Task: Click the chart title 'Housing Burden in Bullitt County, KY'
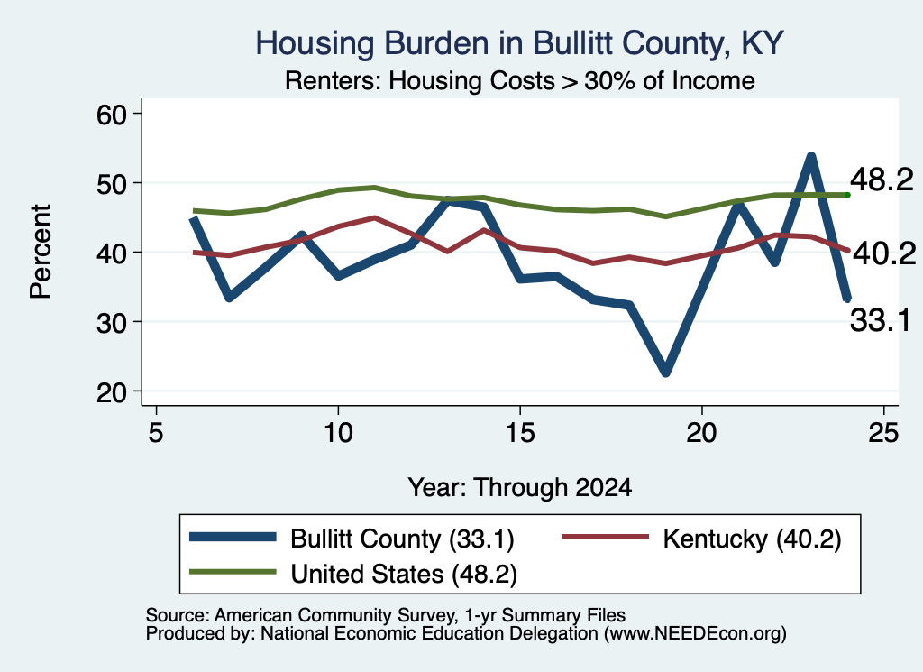pos(519,43)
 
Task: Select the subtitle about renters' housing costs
pos(520,80)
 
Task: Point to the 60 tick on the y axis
pos(112,115)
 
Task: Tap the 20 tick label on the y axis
pos(112,392)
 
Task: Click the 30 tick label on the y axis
pos(112,323)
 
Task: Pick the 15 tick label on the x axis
pos(520,433)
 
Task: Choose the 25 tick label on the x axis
pos(883,433)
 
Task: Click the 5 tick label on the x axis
pos(155,433)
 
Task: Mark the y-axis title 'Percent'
pos(41,252)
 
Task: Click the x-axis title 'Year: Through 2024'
pos(520,488)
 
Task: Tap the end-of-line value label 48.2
pos(882,180)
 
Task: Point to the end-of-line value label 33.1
pos(881,321)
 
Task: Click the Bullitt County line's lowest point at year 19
pos(666,371)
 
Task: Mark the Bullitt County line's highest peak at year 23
pos(811,157)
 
